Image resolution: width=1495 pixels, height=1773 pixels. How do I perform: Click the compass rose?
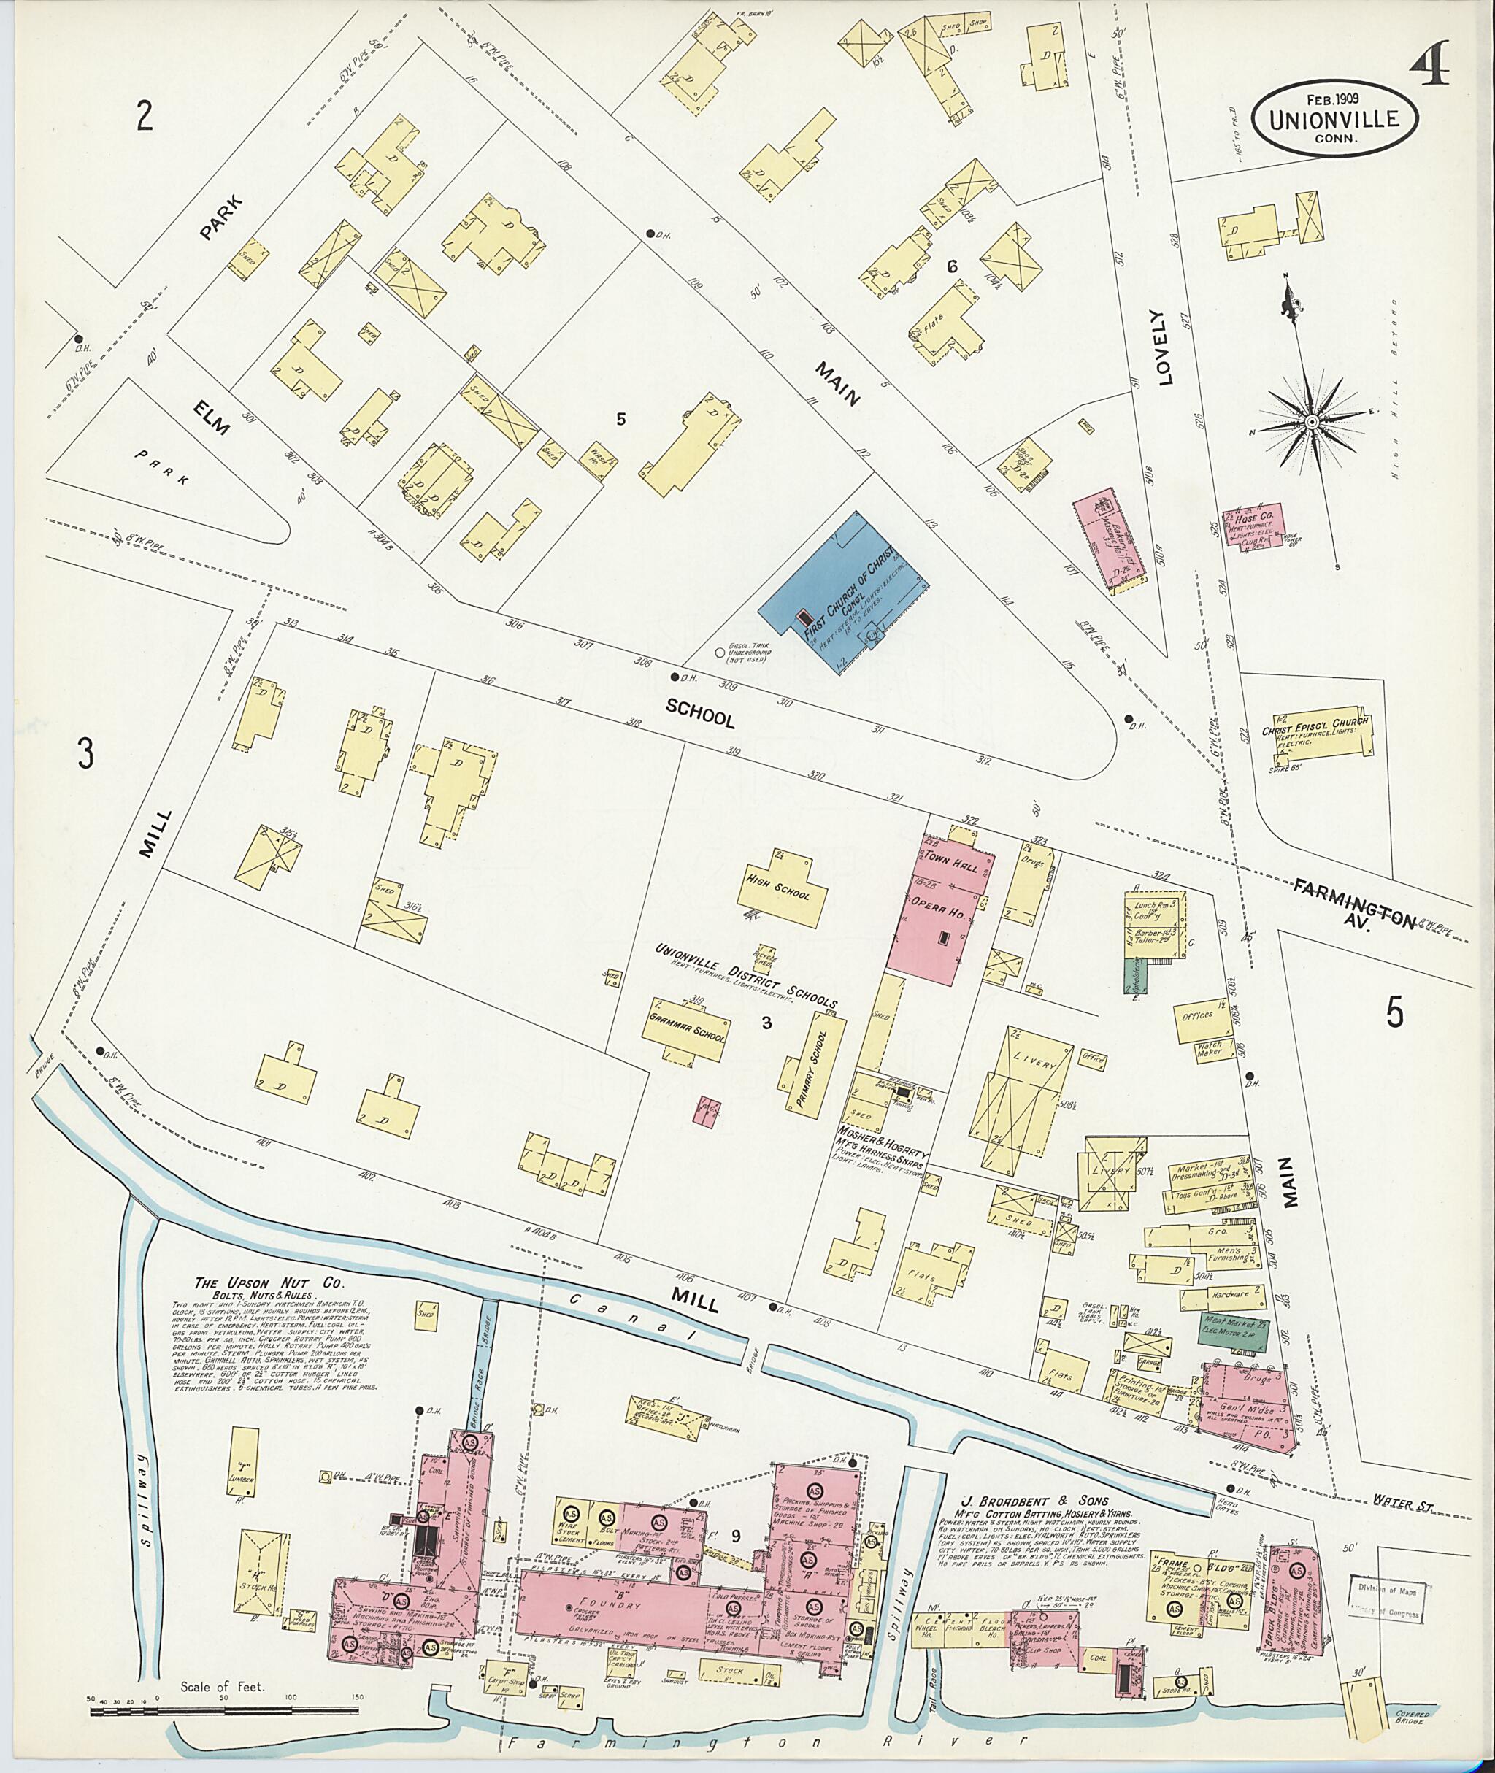tap(1310, 421)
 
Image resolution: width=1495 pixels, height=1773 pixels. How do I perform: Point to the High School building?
tap(780, 889)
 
